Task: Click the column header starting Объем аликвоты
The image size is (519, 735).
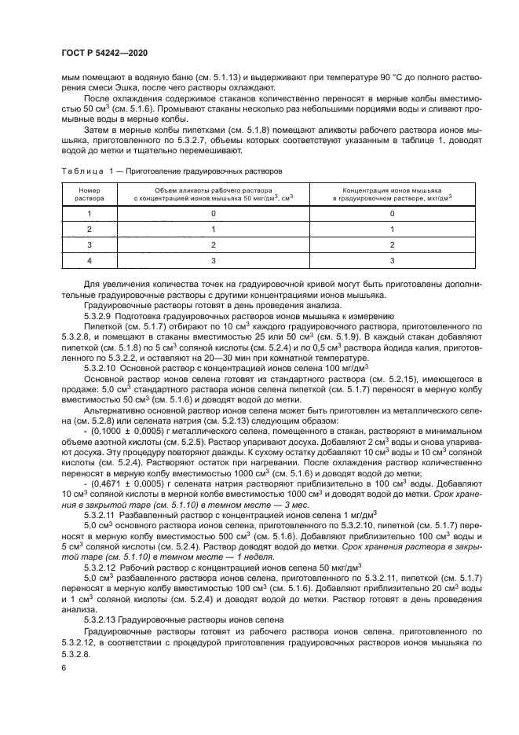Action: [x=213, y=195]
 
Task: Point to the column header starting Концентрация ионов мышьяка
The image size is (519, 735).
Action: [x=392, y=195]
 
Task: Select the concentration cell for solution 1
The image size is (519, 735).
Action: [x=392, y=214]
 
